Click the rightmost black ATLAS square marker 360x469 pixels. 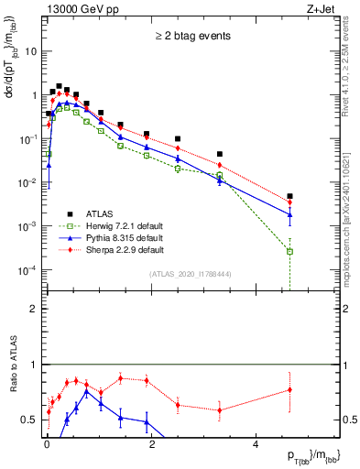tap(289, 196)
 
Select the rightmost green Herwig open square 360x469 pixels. tap(289, 251)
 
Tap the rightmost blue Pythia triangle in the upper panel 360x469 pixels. tap(289, 216)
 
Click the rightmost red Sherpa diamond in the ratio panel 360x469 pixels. tap(289, 390)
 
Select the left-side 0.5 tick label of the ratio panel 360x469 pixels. tap(28, 420)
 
